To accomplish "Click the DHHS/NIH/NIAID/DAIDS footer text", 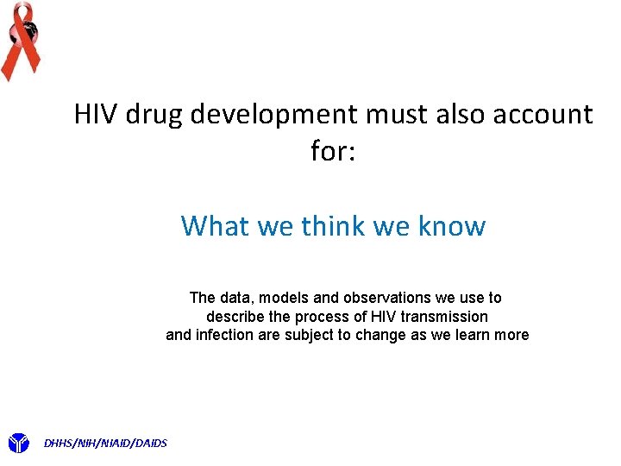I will (105, 444).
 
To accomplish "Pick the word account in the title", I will (545, 115).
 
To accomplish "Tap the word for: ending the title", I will (333, 152).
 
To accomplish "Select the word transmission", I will (444, 317).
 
